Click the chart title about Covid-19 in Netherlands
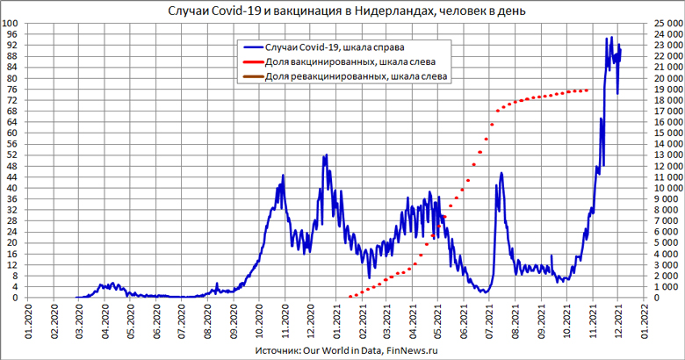[x=342, y=11]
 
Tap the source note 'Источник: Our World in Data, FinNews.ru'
[x=342, y=350]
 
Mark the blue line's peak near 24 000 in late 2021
[x=611, y=38]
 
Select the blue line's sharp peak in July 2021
[x=501, y=173]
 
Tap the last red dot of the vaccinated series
[x=587, y=90]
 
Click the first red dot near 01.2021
[x=350, y=296]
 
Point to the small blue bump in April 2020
[x=112, y=284]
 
